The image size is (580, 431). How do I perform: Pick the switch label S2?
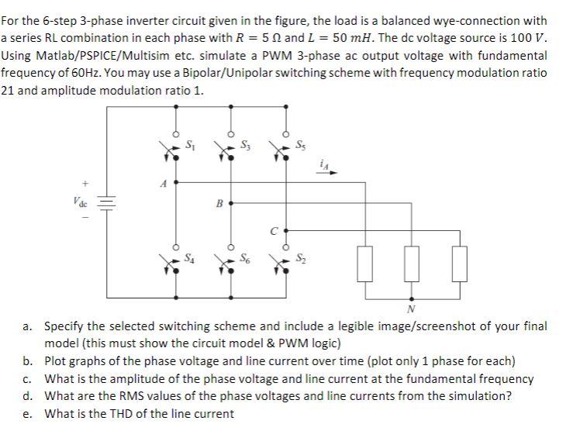pyautogui.click(x=301, y=258)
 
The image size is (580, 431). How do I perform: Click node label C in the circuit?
pyautogui.click(x=272, y=230)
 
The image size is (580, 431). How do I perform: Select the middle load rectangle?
pyautogui.click(x=412, y=265)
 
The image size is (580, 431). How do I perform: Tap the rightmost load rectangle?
pyautogui.click(x=461, y=265)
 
